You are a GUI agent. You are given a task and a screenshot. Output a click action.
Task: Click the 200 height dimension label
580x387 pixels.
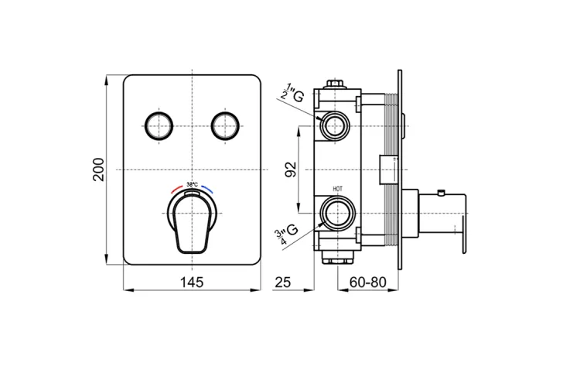(x=99, y=170)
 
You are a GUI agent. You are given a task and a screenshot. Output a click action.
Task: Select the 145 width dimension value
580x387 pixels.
(x=192, y=283)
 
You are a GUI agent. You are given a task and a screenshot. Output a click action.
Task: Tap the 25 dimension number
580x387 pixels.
(x=283, y=283)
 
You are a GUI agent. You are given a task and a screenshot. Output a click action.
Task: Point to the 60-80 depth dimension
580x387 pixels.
(x=367, y=283)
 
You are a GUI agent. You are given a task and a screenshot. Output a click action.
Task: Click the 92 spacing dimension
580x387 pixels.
(x=292, y=170)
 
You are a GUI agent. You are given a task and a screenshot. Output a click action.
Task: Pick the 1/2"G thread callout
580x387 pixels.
(x=292, y=95)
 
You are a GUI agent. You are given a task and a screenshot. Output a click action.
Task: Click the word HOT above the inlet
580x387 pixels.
(x=338, y=189)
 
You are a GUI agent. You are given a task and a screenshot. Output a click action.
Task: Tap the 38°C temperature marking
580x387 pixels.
(x=192, y=184)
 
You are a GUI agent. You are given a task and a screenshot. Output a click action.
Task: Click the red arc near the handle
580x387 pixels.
(x=176, y=189)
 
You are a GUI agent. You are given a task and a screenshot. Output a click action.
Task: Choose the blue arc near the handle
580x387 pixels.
(x=208, y=189)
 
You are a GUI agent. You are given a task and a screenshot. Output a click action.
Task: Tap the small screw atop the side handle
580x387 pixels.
(x=440, y=193)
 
